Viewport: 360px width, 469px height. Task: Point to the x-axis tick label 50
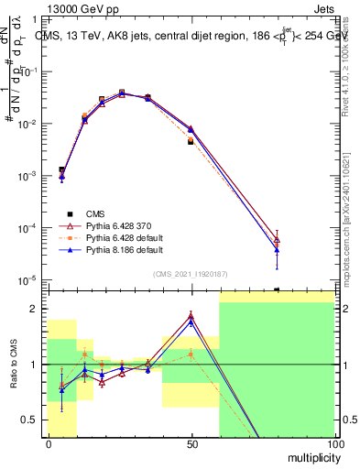pyautogui.click(x=191, y=444)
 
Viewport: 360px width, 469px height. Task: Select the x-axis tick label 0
pyautogui.click(x=49, y=444)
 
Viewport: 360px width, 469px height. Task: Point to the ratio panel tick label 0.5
pyautogui.click(x=30, y=420)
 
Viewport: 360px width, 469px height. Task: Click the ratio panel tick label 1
pyautogui.click(x=34, y=365)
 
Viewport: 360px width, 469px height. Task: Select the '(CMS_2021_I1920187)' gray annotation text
pyautogui.click(x=190, y=273)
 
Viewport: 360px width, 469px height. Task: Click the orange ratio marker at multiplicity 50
pyautogui.click(x=191, y=354)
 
